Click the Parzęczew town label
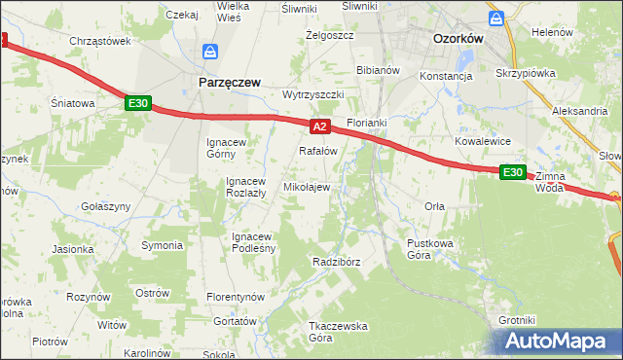point(229,84)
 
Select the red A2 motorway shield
point(322,126)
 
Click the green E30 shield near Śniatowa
point(137,102)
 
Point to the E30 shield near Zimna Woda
point(513,172)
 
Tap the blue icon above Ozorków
point(496,18)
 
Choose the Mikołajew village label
point(307,187)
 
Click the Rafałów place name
point(317,152)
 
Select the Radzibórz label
point(337,263)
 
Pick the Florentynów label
point(237,296)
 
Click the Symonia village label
point(162,245)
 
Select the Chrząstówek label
point(100,41)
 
